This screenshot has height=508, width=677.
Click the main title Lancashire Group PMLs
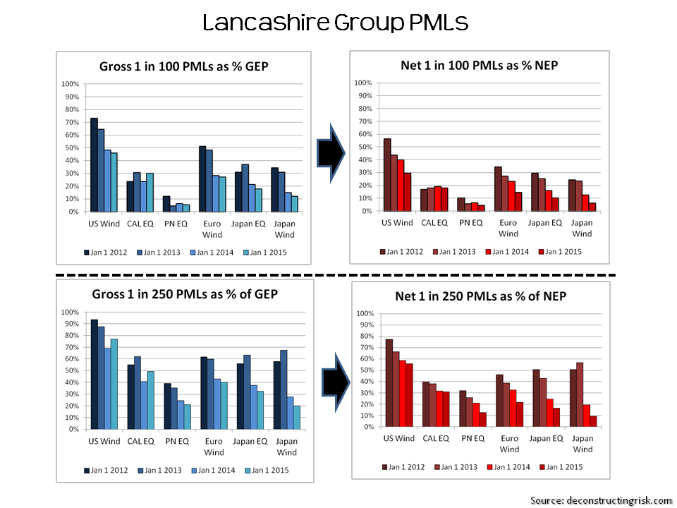point(335,23)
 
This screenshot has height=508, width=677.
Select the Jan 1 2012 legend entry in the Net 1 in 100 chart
point(401,251)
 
